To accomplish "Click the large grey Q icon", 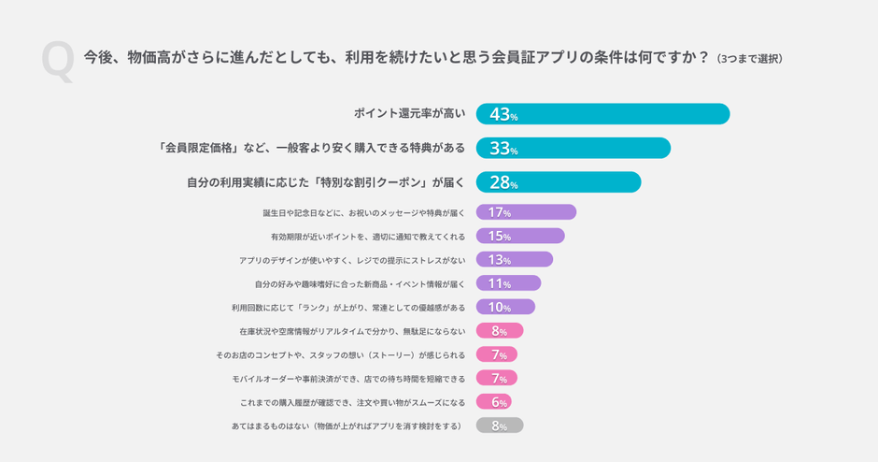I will click(x=57, y=63).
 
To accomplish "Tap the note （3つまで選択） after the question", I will click(x=749, y=58).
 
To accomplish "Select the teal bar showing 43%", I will click(x=602, y=114).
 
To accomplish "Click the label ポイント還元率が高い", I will click(x=409, y=114).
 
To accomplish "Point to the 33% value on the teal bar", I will click(x=503, y=149).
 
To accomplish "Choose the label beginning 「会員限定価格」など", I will click(x=312, y=148).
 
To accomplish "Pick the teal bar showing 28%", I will click(x=558, y=182).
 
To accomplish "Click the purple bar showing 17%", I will click(x=526, y=212).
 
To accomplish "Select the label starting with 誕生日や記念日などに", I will click(x=363, y=213).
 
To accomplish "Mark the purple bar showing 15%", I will click(x=520, y=236).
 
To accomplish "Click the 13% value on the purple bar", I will click(x=500, y=260).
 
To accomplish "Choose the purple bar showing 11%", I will click(x=508, y=283).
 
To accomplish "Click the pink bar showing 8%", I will click(x=500, y=331).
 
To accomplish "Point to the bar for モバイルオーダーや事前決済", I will click(x=497, y=379).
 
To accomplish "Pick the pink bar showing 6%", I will click(x=494, y=402).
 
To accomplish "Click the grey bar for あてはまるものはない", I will click(x=500, y=426).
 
